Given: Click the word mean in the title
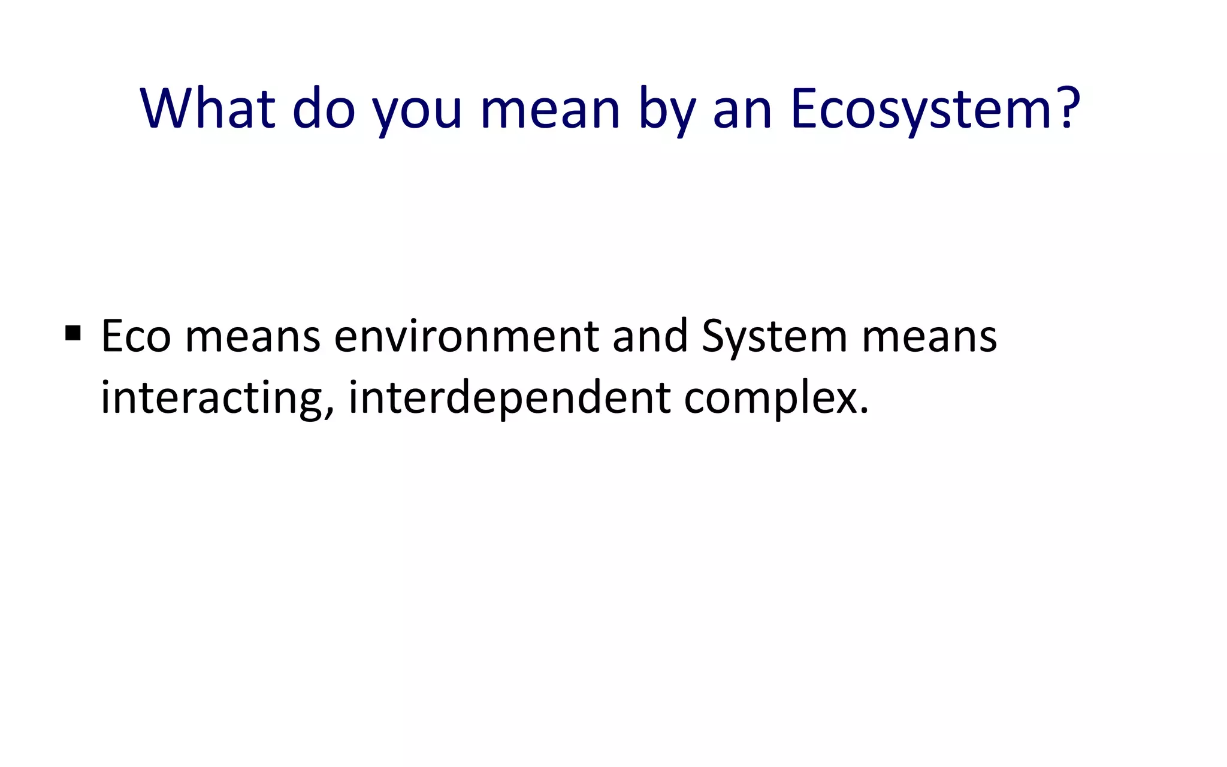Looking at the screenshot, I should tap(549, 110).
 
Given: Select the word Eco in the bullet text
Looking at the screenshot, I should tap(136, 336).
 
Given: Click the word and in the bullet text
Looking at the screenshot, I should tap(650, 336).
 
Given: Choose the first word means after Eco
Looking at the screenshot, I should tap(252, 337).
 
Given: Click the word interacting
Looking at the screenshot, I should tap(212, 398).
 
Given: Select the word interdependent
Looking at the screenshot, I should tap(509, 398).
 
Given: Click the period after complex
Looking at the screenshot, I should tap(863, 412).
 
